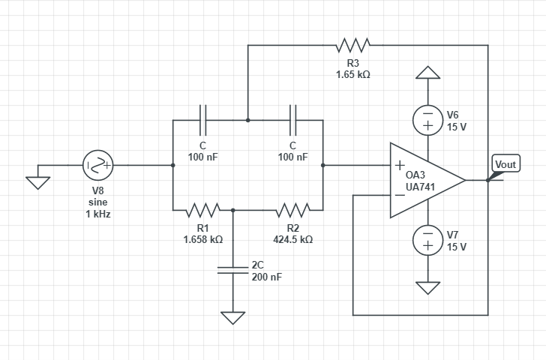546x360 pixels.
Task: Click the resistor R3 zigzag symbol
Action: click(352, 45)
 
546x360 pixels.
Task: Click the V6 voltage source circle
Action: click(427, 120)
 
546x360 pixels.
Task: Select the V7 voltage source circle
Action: click(427, 240)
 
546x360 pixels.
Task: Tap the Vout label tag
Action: click(505, 164)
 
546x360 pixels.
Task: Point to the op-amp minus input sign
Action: click(400, 195)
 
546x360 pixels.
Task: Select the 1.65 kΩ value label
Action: click(352, 75)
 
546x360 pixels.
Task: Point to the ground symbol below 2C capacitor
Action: click(232, 318)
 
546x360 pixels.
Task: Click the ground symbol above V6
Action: click(427, 72)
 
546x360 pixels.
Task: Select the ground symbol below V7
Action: click(427, 288)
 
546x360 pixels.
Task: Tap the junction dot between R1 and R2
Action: click(232, 210)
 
